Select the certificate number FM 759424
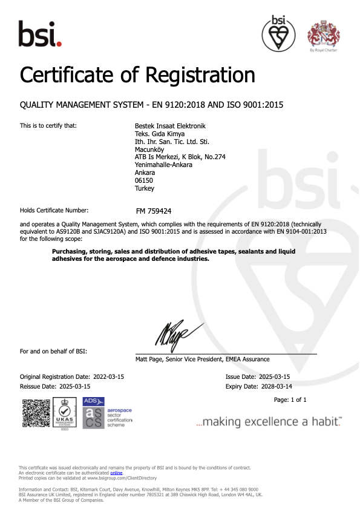click(154, 211)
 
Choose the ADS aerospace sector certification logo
click(108, 413)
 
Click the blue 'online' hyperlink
click(125, 472)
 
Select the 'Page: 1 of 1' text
click(290, 400)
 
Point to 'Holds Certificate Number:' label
click(54, 211)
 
